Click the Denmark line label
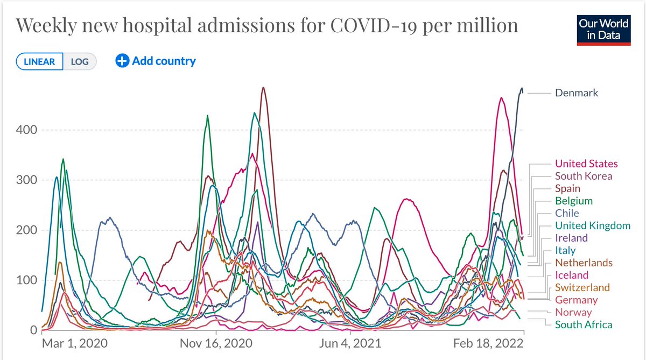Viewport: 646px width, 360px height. click(577, 93)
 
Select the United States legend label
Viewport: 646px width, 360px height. click(586, 164)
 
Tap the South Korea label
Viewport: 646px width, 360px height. click(584, 176)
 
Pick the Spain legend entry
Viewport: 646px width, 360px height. click(567, 188)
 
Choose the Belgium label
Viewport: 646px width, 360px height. click(574, 201)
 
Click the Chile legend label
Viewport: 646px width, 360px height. click(567, 213)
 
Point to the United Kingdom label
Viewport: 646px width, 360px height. click(593, 225)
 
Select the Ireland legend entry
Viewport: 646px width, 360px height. click(571, 238)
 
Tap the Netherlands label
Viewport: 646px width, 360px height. click(584, 263)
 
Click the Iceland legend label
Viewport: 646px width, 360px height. click(572, 275)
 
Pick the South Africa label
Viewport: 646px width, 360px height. click(584, 324)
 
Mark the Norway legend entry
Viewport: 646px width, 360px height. click(573, 312)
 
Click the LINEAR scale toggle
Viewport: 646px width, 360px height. click(40, 61)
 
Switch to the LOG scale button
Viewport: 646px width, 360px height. click(80, 61)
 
